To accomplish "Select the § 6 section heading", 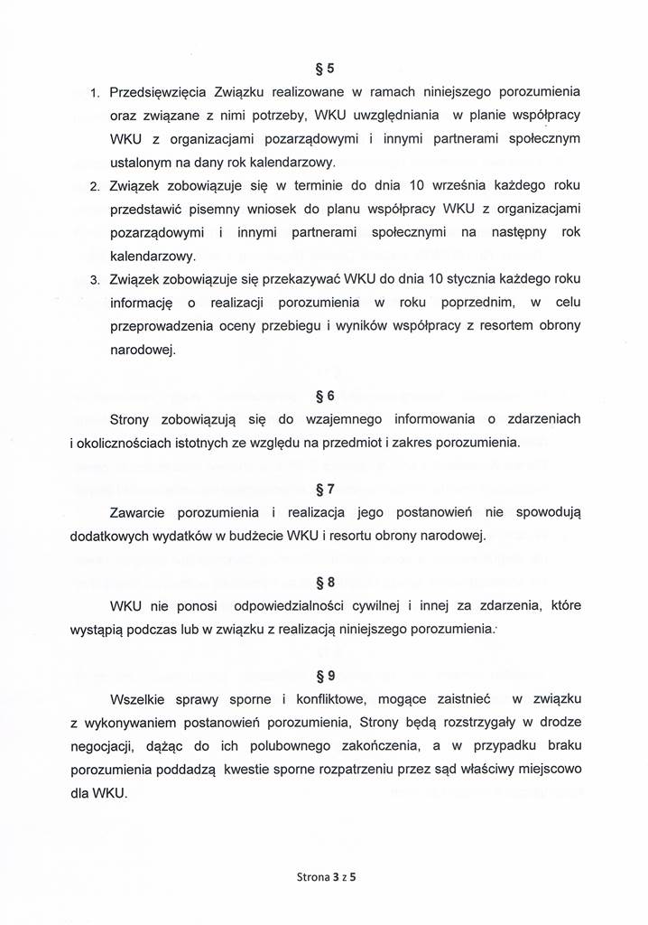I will tap(324, 396).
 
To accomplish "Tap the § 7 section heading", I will tap(324, 490).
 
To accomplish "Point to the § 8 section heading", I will tap(324, 583).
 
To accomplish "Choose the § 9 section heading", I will tap(324, 675).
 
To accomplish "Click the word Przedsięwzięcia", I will tap(159, 92).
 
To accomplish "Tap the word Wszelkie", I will tap(137, 699).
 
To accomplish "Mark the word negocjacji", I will tap(106, 746).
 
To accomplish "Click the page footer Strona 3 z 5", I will tap(324, 876).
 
